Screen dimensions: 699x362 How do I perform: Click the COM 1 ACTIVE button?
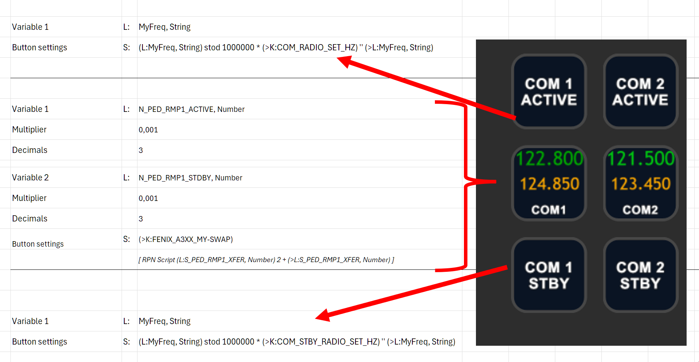pyautogui.click(x=549, y=91)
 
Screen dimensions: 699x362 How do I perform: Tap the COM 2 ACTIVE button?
pyautogui.click(x=641, y=91)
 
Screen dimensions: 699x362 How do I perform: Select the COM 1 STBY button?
pyautogui.click(x=549, y=275)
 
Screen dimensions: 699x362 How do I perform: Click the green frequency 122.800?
pyautogui.click(x=550, y=158)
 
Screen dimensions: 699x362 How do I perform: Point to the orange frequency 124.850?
pyautogui.click(x=550, y=184)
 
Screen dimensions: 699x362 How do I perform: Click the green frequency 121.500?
pyautogui.click(x=641, y=158)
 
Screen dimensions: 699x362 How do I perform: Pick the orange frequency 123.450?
pyautogui.click(x=641, y=184)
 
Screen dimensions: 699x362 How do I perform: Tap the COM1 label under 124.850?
pyautogui.click(x=549, y=210)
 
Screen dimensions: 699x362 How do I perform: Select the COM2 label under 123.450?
pyautogui.click(x=641, y=210)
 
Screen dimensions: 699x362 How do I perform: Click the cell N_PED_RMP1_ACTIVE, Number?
pyautogui.click(x=192, y=109)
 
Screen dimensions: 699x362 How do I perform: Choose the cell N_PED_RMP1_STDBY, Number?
pyautogui.click(x=191, y=178)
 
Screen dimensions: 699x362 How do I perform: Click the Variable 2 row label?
pyautogui.click(x=30, y=178)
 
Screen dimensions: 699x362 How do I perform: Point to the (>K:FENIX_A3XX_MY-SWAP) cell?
pyautogui.click(x=186, y=239)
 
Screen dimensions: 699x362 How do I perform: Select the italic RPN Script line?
pyautogui.click(x=266, y=260)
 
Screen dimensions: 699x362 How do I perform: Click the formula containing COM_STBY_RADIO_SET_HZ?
pyautogui.click(x=297, y=341)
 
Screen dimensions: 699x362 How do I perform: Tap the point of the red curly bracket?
pyautogui.click(x=495, y=181)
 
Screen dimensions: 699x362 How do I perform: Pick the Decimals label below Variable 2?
pyautogui.click(x=30, y=219)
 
